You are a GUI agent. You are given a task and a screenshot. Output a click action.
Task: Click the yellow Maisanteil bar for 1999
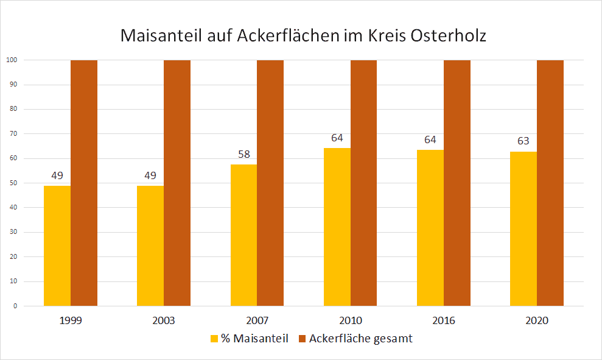(57, 245)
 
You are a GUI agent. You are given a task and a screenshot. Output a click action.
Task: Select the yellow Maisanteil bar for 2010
(337, 227)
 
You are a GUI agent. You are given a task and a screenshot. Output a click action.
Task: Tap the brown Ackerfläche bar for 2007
(270, 183)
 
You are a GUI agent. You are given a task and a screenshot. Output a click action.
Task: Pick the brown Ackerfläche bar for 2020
(550, 183)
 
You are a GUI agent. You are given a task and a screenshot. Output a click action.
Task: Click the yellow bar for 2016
(430, 228)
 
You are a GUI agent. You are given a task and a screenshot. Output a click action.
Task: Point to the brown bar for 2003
(177, 183)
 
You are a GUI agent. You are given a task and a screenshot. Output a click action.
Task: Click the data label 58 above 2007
(243, 154)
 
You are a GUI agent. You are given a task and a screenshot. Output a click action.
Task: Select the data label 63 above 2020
(523, 141)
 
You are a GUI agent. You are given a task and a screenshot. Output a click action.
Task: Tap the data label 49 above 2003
(150, 175)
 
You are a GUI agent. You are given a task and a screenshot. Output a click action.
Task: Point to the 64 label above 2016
(430, 139)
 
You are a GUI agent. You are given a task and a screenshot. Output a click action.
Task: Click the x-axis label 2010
(351, 320)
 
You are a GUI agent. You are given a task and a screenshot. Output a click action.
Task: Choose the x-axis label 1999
(71, 320)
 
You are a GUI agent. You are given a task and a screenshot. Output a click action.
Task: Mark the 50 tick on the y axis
(12, 183)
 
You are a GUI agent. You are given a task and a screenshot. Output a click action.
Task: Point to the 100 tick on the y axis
(11, 60)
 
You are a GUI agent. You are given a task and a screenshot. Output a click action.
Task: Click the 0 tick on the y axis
(14, 306)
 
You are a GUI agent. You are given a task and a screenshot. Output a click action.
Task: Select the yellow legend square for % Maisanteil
(214, 339)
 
